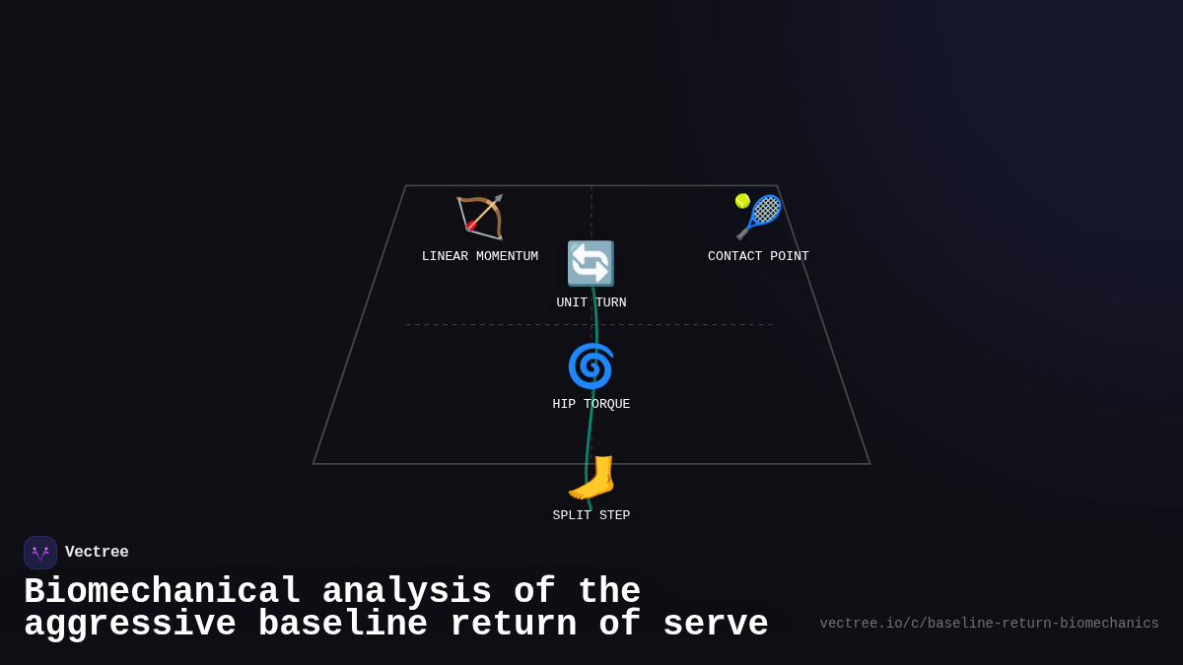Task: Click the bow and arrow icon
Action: (x=480, y=218)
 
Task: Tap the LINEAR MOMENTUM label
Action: (x=480, y=257)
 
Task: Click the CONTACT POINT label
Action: (x=758, y=257)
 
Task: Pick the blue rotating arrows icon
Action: (x=591, y=264)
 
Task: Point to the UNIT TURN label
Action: (x=591, y=303)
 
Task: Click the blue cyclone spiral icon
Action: (x=591, y=366)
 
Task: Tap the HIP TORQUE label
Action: (x=591, y=405)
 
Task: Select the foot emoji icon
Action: (x=591, y=478)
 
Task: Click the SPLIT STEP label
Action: (x=591, y=516)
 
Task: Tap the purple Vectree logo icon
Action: (x=40, y=553)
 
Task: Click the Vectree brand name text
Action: (x=97, y=553)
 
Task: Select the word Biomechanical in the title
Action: (x=163, y=592)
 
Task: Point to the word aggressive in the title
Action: (x=130, y=625)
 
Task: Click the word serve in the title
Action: (x=716, y=625)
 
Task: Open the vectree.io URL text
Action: (x=989, y=624)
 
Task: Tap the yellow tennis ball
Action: (x=742, y=201)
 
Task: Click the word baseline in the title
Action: (x=343, y=625)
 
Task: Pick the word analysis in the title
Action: (x=407, y=592)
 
